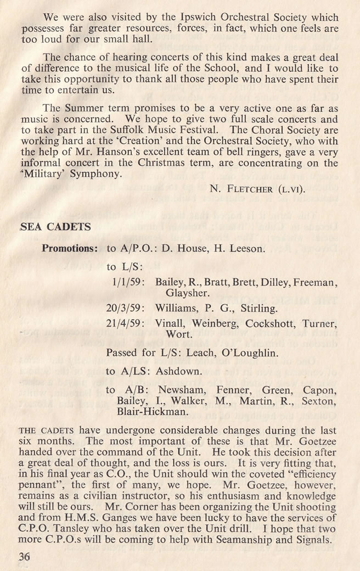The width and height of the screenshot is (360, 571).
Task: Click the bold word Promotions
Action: coord(69,248)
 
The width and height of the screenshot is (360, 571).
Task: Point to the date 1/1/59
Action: coord(127,282)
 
